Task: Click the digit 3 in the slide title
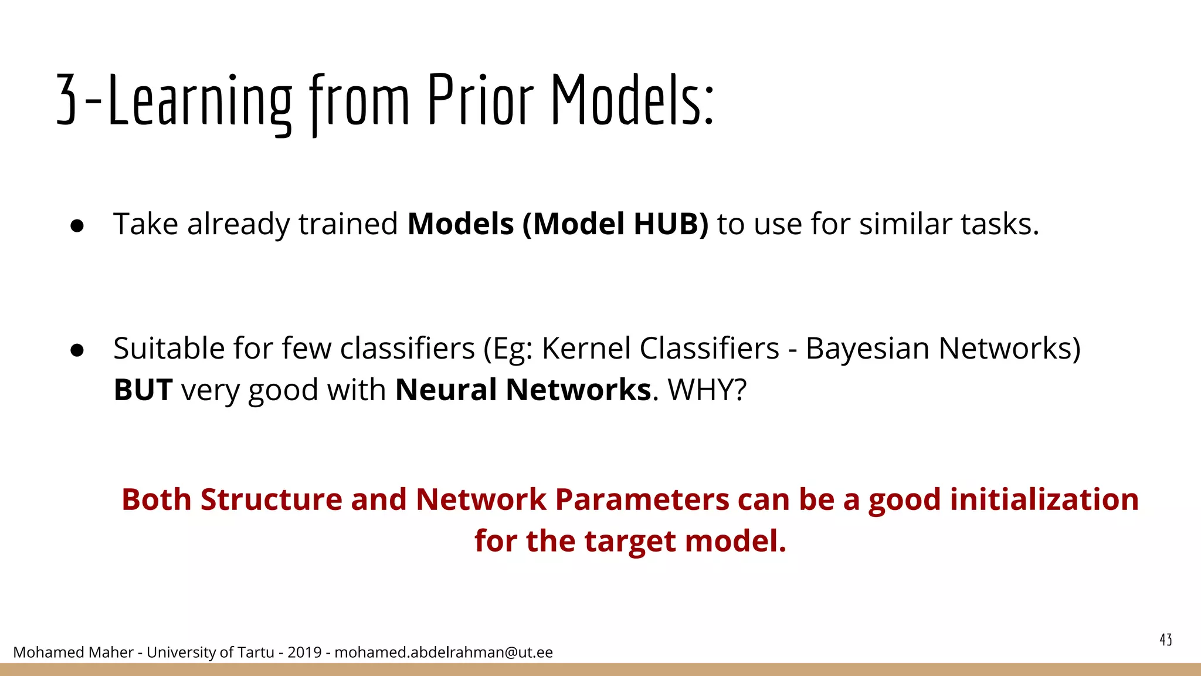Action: point(67,101)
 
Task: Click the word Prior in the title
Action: point(480,101)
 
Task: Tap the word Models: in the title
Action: point(632,101)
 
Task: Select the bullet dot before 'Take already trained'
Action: point(77,226)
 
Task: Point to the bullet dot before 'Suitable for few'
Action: point(77,350)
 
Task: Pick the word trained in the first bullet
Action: point(348,224)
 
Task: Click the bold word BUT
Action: point(143,390)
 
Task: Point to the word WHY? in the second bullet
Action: point(707,390)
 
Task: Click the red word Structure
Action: point(271,500)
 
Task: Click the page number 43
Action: point(1165,640)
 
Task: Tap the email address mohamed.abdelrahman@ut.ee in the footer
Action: point(443,653)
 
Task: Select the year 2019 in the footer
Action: point(304,653)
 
